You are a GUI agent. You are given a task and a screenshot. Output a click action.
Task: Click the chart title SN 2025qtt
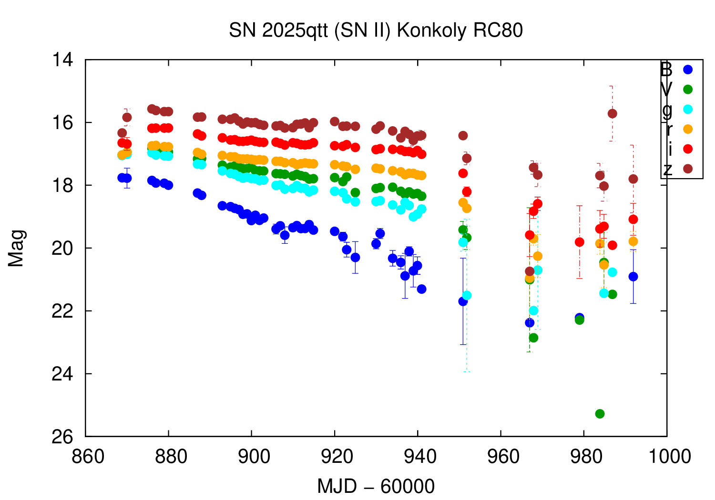[x=376, y=30]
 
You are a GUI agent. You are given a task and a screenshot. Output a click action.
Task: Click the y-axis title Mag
[x=16, y=248]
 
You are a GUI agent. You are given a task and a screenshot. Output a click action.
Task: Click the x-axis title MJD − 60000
[x=376, y=487]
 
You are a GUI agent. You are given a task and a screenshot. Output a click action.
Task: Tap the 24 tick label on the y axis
[x=63, y=374]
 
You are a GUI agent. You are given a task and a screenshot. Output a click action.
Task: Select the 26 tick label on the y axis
[x=63, y=437]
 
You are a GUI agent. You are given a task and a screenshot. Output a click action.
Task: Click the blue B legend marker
[x=687, y=70]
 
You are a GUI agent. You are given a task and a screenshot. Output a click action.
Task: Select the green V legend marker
[x=687, y=90]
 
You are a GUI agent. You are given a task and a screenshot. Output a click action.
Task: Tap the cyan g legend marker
[x=687, y=109]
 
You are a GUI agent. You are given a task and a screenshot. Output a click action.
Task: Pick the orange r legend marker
[x=687, y=129]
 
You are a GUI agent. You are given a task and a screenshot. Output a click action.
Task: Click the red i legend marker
[x=687, y=149]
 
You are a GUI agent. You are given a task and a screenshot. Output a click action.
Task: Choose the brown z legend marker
[x=687, y=169]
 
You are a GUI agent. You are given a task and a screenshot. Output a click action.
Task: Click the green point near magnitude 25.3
[x=600, y=414]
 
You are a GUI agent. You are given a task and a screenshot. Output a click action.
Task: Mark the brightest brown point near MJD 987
[x=613, y=113]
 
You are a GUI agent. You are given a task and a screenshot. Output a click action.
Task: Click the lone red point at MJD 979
[x=579, y=242]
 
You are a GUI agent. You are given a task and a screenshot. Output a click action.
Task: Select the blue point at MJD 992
[x=633, y=277]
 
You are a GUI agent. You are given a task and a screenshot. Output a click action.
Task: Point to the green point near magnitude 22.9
[x=533, y=338]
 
